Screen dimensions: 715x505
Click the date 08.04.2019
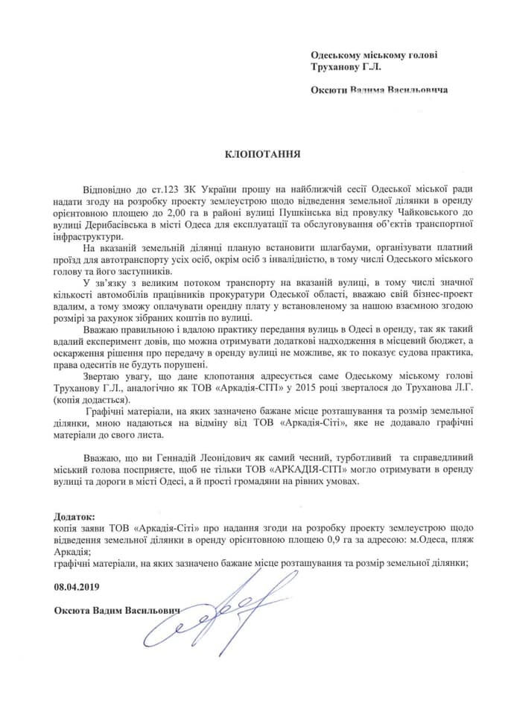pos(77,587)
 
